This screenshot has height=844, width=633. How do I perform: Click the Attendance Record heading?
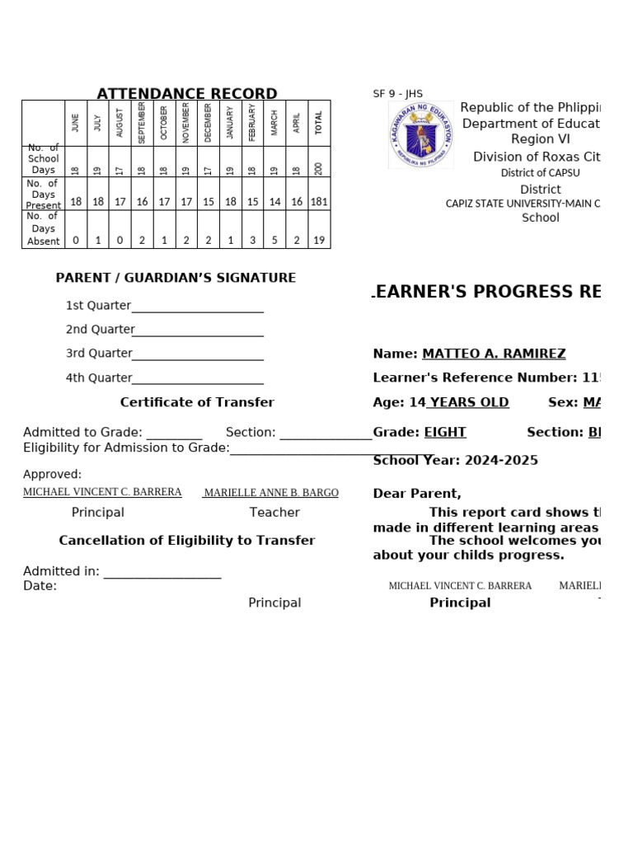coord(187,94)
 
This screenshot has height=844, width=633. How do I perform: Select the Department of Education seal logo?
coord(420,135)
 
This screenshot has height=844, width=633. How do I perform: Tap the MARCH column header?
coord(274,123)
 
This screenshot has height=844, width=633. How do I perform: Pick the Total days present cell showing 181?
coord(319,202)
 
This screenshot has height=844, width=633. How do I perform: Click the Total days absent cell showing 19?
coord(319,241)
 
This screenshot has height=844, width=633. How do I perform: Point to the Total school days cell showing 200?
coord(319,168)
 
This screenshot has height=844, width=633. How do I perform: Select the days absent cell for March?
coord(274,241)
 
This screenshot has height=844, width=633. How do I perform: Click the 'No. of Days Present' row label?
coord(43,195)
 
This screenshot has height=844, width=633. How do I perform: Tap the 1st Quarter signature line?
coord(197,307)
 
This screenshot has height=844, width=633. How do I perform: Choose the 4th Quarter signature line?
coord(197,379)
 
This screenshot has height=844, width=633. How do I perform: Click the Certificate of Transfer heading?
coord(197,402)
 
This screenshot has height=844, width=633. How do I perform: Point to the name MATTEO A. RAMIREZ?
coord(494,354)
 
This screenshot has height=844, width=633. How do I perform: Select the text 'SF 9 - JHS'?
coord(397,94)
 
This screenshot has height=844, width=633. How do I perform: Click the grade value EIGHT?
coord(445,432)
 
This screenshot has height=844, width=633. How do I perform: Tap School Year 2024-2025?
coord(455,460)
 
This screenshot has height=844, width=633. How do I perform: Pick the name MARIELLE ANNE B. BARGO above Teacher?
coord(271,492)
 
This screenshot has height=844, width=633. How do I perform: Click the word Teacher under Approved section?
coord(274,512)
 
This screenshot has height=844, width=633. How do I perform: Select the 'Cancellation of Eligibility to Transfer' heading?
coord(187,541)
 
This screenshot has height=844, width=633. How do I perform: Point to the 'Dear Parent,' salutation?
coord(417,493)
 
